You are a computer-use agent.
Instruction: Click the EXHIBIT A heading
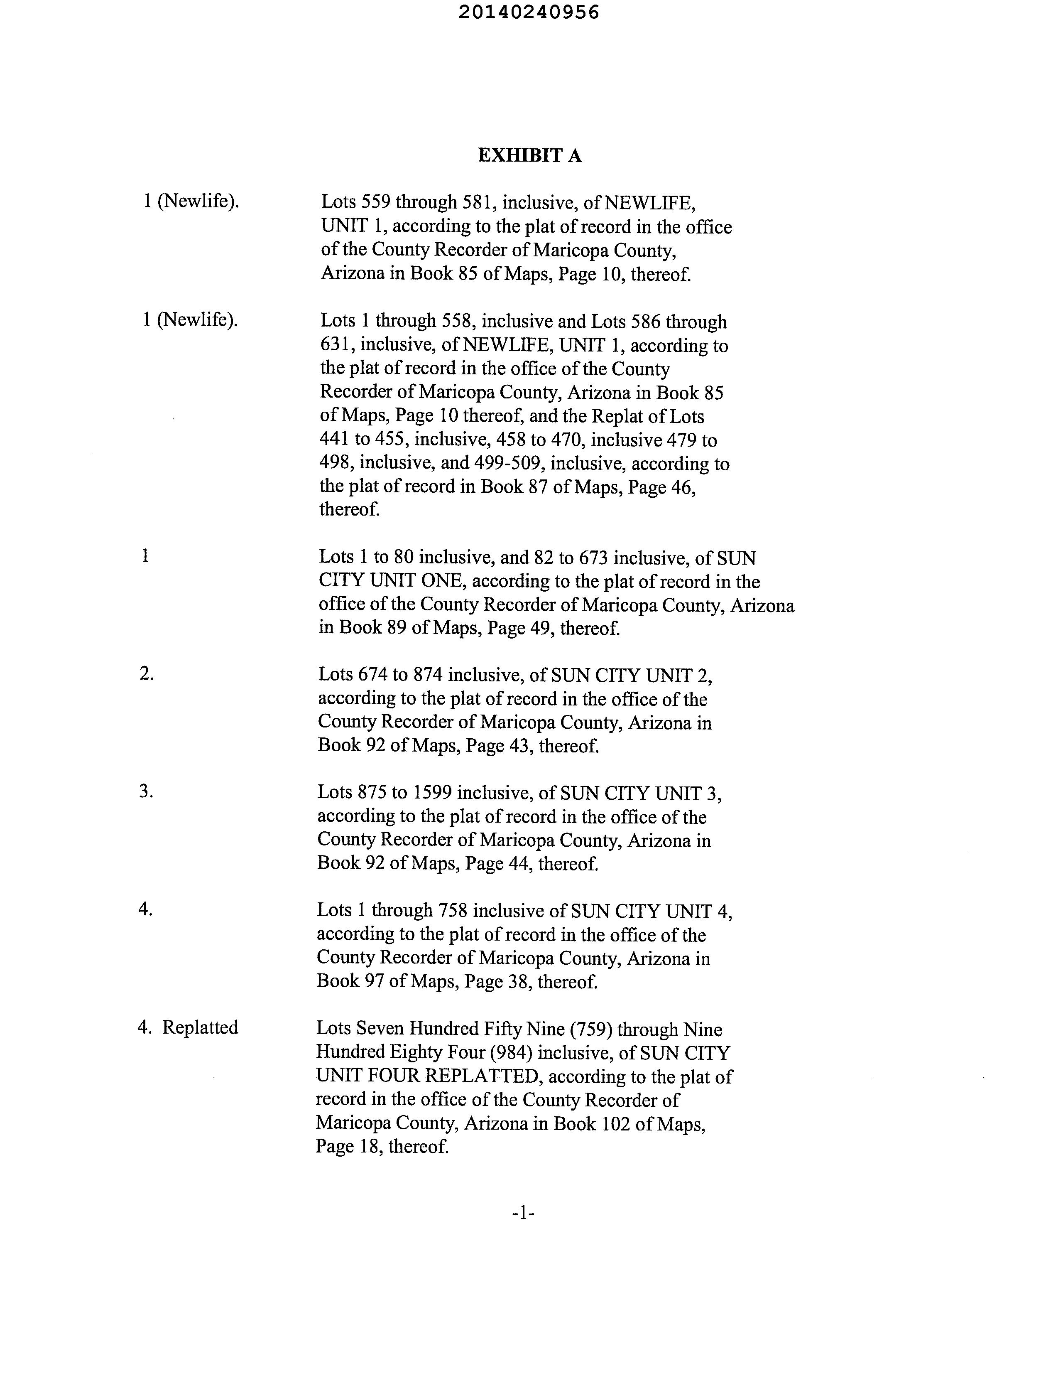point(529,156)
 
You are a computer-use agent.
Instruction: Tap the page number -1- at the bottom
point(523,1212)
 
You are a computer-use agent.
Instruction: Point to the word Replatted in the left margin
point(200,1027)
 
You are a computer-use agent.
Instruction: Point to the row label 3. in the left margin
point(146,791)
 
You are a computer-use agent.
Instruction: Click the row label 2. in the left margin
point(146,673)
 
